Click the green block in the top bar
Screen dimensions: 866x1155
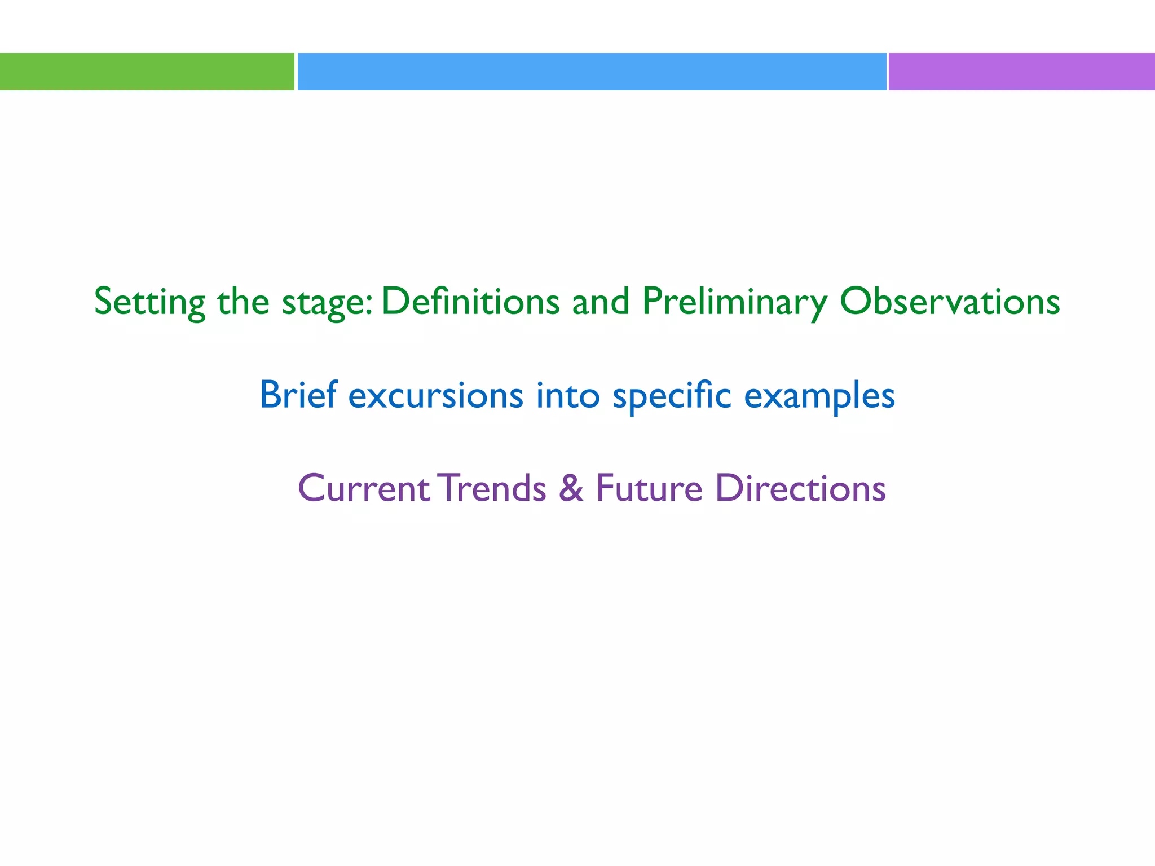point(147,72)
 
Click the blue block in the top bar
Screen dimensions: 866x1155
point(591,72)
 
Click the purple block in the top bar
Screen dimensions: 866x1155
point(1021,72)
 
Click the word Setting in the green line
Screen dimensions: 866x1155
point(149,302)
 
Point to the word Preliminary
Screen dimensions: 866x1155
point(734,302)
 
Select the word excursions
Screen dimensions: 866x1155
point(435,396)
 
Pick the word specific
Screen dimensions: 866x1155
point(672,396)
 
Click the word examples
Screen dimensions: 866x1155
point(819,396)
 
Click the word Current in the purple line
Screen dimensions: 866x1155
point(364,488)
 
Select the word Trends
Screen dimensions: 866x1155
point(493,488)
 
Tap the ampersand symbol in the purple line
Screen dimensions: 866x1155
point(571,488)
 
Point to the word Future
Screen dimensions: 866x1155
point(649,488)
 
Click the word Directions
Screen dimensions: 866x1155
point(800,488)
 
